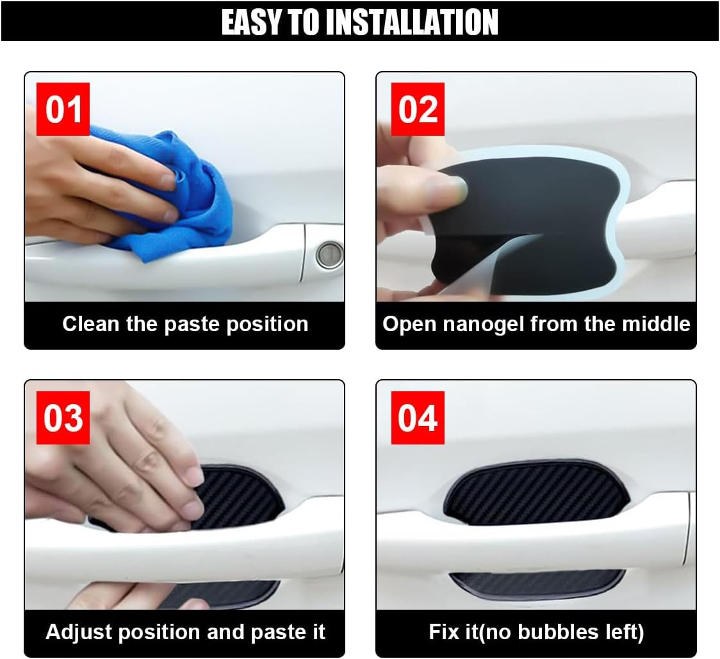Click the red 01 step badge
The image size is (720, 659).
[63, 109]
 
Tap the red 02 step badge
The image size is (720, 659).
[418, 109]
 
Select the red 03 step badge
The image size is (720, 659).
[63, 418]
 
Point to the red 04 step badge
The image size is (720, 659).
[418, 418]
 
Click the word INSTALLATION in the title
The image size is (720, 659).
[411, 22]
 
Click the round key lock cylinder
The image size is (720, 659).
[330, 255]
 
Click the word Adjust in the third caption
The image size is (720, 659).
[76, 632]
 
